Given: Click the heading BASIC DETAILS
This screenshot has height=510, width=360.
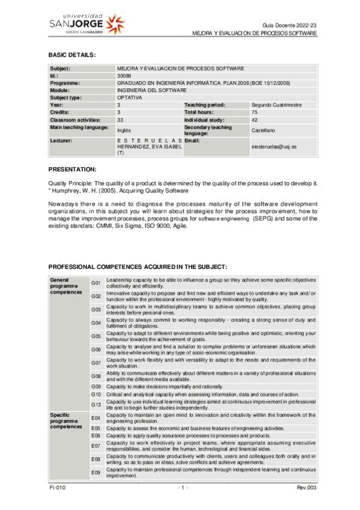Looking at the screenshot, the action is click(x=72, y=55).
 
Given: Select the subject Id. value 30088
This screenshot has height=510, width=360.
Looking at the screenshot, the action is click(x=123, y=76).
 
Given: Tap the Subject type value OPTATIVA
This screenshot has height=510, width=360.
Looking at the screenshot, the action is click(x=129, y=97).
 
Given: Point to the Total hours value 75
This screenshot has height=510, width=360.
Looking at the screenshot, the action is click(x=254, y=112).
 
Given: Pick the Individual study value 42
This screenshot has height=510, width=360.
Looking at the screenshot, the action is click(x=254, y=120).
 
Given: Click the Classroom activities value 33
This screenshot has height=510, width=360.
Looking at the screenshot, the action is click(x=120, y=120).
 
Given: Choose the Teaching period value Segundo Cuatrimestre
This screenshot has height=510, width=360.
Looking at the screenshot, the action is click(x=276, y=105).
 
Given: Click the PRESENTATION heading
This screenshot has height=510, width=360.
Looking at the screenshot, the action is click(x=72, y=170).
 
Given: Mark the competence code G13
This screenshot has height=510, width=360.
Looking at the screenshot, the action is click(x=96, y=404).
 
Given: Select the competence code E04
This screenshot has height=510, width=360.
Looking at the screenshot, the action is click(x=96, y=417).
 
